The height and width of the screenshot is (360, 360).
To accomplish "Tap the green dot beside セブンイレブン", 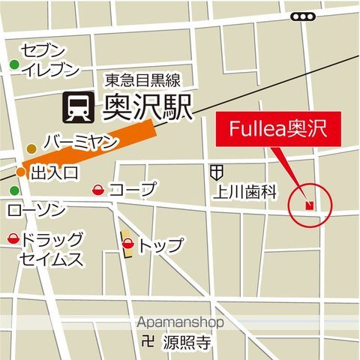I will pyautogui.click(x=13, y=64).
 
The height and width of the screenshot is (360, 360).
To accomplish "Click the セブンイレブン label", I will pyautogui.click(x=49, y=60).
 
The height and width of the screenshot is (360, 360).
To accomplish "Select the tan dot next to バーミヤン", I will pyautogui.click(x=31, y=148).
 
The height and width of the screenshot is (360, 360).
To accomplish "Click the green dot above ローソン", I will pyautogui.click(x=13, y=190).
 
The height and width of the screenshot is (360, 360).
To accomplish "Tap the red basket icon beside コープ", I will pyautogui.click(x=97, y=190).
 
